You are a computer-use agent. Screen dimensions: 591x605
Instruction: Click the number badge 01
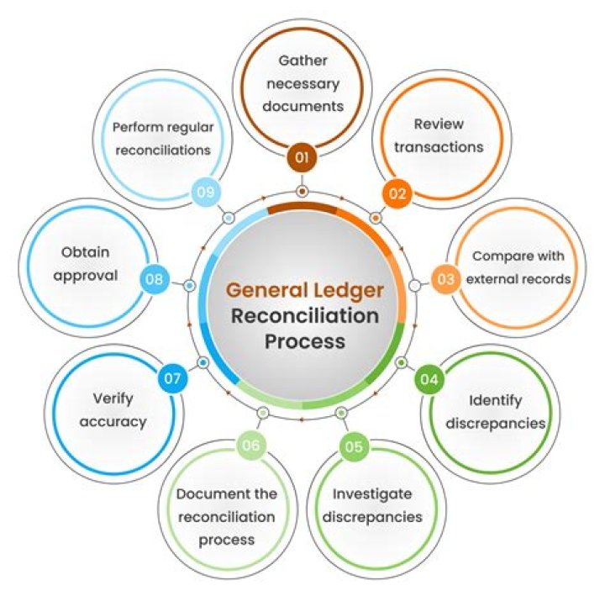[301, 158]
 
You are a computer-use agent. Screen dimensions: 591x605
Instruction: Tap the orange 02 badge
[397, 194]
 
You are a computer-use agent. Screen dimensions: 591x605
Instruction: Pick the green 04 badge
[429, 379]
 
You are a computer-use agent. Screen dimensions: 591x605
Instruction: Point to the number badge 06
[250, 446]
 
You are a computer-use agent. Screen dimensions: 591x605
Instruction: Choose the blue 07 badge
[173, 379]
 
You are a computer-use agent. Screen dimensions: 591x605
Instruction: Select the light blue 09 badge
[205, 193]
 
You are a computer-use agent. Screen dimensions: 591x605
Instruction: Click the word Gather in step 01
[302, 61]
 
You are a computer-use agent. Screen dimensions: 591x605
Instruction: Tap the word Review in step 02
[439, 124]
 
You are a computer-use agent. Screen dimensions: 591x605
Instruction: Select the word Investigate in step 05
[371, 493]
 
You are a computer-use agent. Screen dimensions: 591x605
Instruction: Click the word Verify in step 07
[113, 398]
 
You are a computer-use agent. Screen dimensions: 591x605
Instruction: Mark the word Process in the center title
[304, 341]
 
